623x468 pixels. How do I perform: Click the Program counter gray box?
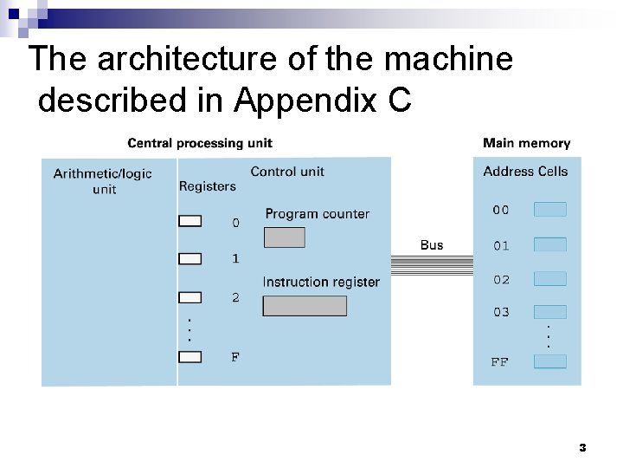point(284,237)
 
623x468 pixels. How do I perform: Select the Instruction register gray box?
point(304,306)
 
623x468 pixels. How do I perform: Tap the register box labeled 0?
point(189,221)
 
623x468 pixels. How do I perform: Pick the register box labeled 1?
point(189,258)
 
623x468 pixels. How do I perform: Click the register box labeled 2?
point(189,297)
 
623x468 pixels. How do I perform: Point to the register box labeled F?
point(189,356)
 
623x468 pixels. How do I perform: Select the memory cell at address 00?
point(550,209)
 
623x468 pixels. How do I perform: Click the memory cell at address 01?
point(550,245)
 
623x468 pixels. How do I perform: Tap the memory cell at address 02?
point(550,279)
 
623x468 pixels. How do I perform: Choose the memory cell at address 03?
point(550,312)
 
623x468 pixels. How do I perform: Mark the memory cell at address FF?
point(550,361)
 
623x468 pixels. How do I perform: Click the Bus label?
point(431,245)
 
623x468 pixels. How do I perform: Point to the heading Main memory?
point(526,143)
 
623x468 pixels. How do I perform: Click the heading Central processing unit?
point(200,143)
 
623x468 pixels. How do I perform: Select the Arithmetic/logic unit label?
point(102,181)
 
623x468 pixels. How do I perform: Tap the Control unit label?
point(287,172)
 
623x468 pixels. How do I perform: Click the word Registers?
point(207,186)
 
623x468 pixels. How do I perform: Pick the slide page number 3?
point(582,448)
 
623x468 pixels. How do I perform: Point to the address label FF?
point(499,362)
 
